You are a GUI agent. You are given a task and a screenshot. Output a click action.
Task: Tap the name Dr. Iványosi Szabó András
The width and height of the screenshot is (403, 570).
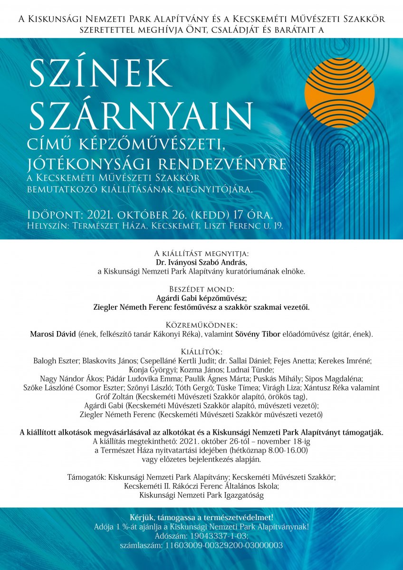coord(201,262)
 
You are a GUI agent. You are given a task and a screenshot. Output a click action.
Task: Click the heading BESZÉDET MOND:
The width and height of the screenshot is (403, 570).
coord(201,289)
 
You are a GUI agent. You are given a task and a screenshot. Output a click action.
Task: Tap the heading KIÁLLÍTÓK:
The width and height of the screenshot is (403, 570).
coord(201,352)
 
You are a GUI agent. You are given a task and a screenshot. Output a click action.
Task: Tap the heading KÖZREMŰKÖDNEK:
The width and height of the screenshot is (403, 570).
coord(201,325)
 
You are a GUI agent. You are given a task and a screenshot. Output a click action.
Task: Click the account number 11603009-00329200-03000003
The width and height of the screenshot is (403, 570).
coord(223,545)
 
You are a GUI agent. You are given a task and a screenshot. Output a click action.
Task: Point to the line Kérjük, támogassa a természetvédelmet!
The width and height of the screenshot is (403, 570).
coord(201,517)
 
